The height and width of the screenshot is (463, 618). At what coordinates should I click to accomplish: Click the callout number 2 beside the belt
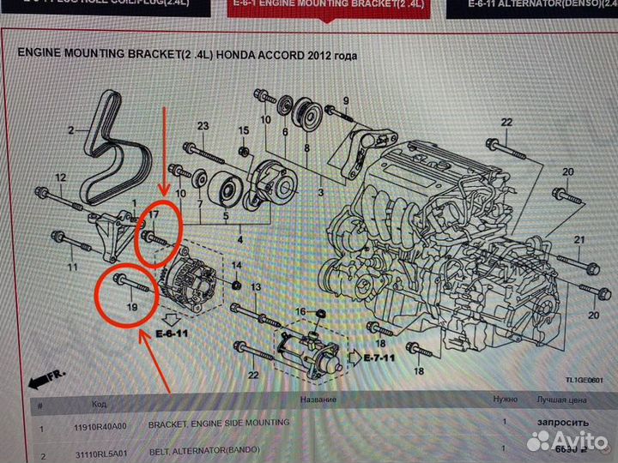coord(73,131)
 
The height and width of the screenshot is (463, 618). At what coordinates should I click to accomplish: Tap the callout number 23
coord(203,127)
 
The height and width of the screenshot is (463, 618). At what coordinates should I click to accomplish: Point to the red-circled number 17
coord(154,213)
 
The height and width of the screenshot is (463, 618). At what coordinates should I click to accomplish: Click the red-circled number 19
coord(132,304)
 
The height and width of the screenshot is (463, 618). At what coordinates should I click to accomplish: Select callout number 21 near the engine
coord(579,239)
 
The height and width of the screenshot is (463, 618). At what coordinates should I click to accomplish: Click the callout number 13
coord(255,286)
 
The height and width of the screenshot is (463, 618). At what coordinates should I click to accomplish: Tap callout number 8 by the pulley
coord(306,148)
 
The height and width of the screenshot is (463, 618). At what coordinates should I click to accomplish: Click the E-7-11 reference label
coord(377,357)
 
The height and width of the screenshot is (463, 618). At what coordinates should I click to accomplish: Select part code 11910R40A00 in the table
coord(97,424)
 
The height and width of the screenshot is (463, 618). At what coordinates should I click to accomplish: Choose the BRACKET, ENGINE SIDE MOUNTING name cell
coord(219,424)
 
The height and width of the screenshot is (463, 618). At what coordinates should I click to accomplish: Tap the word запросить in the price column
coord(562,423)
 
